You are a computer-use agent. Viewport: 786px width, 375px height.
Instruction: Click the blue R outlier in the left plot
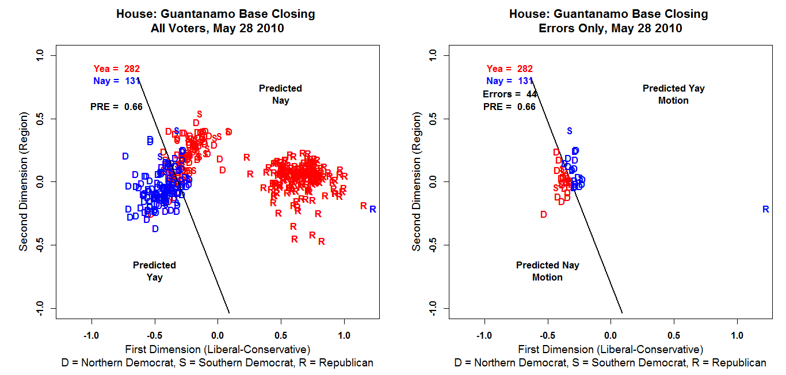373,209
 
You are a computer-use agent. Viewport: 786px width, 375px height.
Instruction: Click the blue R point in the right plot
766,210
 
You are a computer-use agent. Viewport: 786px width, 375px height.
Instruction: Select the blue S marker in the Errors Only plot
570,131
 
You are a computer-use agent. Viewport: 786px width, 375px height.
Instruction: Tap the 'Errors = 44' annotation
509,94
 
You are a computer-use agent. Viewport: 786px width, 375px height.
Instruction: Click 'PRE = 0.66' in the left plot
116,107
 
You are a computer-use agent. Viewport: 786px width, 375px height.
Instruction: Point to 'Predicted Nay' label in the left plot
280,94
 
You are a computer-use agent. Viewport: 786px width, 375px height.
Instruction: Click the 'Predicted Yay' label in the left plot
154,271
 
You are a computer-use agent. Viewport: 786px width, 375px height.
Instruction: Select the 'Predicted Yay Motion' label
673,94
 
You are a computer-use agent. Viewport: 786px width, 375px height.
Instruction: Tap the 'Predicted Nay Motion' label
547,271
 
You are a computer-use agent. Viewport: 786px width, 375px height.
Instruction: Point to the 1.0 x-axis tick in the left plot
344,335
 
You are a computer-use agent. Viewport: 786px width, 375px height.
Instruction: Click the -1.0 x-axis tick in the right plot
484,335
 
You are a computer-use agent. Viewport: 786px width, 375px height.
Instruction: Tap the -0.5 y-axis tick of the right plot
433,245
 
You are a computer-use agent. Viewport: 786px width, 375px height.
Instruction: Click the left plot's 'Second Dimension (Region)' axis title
24,182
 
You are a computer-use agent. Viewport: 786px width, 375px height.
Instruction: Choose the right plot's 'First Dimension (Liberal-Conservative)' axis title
611,349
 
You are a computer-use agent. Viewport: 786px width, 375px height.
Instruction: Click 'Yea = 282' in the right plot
509,69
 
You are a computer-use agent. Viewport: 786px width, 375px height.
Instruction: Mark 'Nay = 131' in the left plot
117,81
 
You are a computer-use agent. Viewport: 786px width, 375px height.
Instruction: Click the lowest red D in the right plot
543,214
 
